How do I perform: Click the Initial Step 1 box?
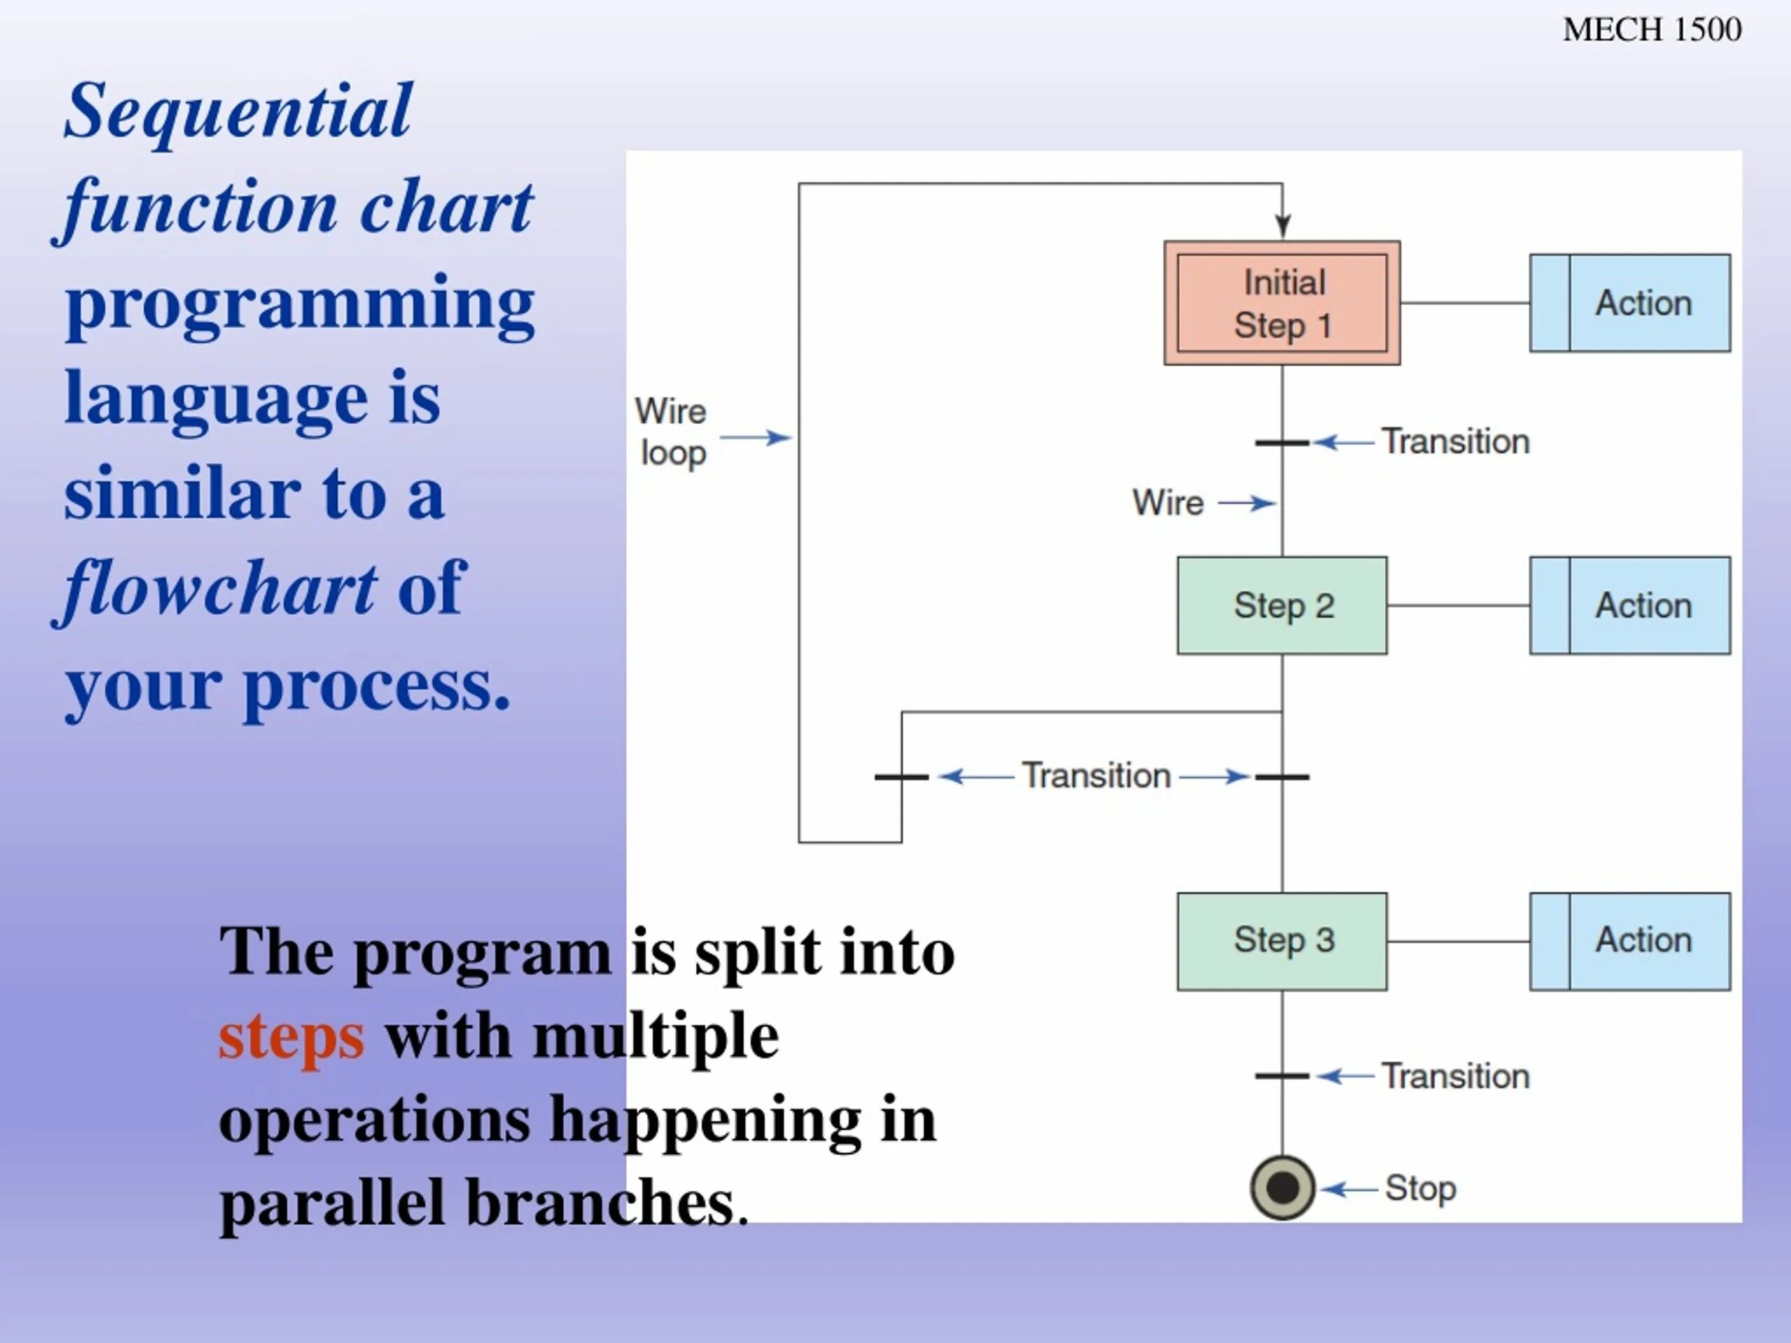click(x=1282, y=303)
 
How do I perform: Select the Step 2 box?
click(x=1282, y=606)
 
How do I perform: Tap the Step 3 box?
click(x=1282, y=941)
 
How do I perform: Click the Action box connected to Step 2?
click(x=1630, y=606)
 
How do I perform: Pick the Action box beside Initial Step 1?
click(x=1630, y=303)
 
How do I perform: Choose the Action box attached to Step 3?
click(x=1630, y=941)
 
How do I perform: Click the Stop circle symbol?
click(x=1282, y=1188)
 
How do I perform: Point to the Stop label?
click(x=1420, y=1188)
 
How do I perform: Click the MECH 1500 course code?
click(x=1652, y=30)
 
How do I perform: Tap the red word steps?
click(x=292, y=1037)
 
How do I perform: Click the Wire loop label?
click(x=671, y=432)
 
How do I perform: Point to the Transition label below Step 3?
click(x=1456, y=1076)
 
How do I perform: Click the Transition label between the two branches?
click(x=1096, y=776)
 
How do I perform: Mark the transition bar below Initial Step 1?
click(x=1282, y=443)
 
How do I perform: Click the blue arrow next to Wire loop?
click(x=756, y=438)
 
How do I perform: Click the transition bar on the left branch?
click(x=901, y=777)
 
